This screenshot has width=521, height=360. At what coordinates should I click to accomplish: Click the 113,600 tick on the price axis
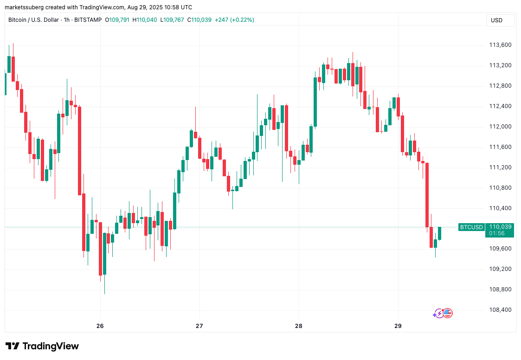[500, 45]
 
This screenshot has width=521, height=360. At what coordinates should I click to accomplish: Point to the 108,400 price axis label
[500, 310]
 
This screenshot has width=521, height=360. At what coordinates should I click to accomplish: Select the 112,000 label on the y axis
[500, 127]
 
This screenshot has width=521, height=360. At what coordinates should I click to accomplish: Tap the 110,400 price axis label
[500, 208]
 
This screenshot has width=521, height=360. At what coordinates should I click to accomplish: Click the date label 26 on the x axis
[100, 326]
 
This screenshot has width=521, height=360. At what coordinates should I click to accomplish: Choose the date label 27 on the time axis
[199, 326]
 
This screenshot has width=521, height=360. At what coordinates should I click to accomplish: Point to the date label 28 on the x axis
[299, 326]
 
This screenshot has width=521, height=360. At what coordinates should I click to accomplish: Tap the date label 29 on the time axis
[398, 326]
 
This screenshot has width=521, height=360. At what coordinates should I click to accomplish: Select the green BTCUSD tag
[471, 227]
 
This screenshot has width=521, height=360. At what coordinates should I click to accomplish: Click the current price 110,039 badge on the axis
[500, 227]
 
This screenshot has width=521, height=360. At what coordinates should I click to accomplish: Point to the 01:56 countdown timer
[500, 233]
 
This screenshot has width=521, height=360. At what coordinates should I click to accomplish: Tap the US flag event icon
[447, 314]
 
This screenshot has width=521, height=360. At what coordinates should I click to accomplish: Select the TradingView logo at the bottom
[42, 346]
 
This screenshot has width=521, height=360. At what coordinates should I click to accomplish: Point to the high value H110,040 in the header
[145, 20]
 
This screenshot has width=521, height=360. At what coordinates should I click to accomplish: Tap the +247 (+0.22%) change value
[234, 20]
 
